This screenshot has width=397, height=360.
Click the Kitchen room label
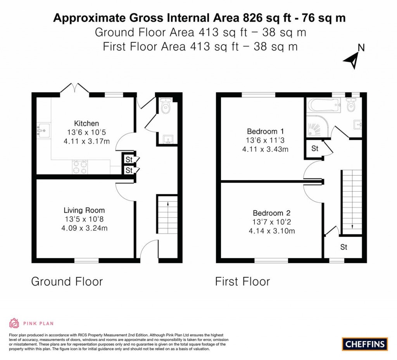pyautogui.click(x=86, y=123)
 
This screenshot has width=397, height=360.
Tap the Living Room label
pyautogui.click(x=84, y=210)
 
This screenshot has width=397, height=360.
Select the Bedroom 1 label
pyautogui.click(x=265, y=131)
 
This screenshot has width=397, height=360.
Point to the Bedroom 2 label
pyautogui.click(x=272, y=213)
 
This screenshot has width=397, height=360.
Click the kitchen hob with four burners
pyautogui.click(x=80, y=167)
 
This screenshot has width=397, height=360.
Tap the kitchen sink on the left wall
pyautogui.click(x=43, y=131)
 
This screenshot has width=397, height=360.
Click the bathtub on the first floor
pyautogui.click(x=323, y=105)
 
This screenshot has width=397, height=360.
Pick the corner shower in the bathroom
pyautogui.click(x=318, y=126)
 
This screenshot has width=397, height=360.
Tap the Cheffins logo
pyautogui.click(x=365, y=344)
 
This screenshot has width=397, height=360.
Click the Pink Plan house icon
pyautogui.click(x=14, y=323)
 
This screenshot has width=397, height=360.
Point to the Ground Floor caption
pyautogui.click(x=67, y=282)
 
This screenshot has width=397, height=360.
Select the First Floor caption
pyautogui.click(x=243, y=282)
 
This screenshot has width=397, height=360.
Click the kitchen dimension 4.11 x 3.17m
pyautogui.click(x=86, y=141)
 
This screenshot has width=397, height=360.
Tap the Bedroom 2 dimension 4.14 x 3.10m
pyautogui.click(x=272, y=231)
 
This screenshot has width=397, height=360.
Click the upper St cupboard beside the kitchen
pyautogui.click(x=129, y=159)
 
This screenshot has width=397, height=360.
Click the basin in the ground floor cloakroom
pyautogui.click(x=168, y=139)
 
